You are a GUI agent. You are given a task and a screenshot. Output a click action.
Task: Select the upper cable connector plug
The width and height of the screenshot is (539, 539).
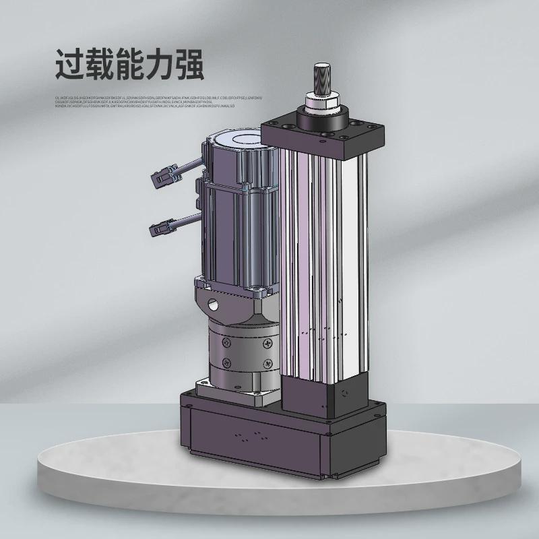click(x=162, y=179)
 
